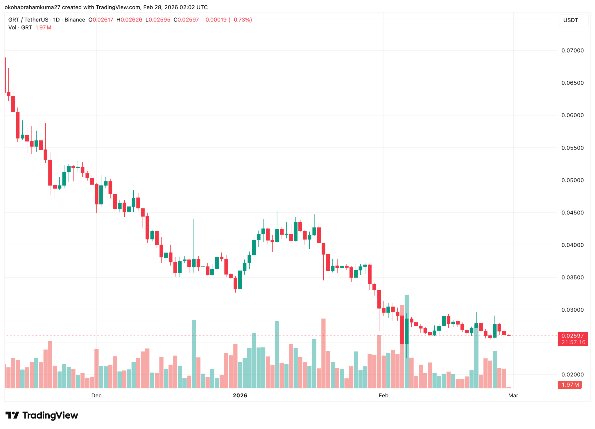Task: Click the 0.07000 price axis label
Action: (x=572, y=51)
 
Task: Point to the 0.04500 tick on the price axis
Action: (x=572, y=213)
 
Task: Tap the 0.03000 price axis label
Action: (x=572, y=310)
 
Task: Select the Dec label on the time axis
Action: (x=96, y=395)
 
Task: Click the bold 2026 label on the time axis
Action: (x=240, y=395)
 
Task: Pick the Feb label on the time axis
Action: (x=383, y=395)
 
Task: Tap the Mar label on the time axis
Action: (x=513, y=395)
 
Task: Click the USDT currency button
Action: (x=571, y=20)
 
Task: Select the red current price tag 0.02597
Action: (x=572, y=336)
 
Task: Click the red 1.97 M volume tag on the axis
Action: (x=570, y=385)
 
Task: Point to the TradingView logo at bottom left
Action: (x=42, y=415)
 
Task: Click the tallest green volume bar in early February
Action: (x=407, y=343)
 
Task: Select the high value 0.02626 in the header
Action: (x=131, y=20)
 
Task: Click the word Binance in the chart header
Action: (x=75, y=20)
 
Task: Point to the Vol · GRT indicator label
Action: (x=20, y=28)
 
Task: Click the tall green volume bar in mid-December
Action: (x=194, y=354)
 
